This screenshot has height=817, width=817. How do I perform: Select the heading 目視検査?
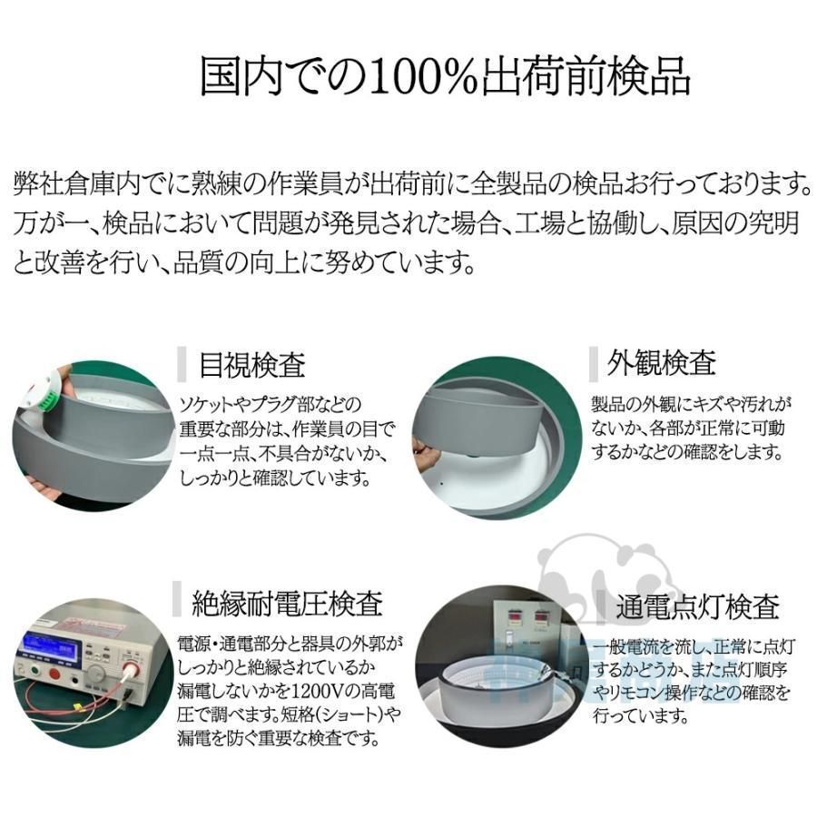[252, 365]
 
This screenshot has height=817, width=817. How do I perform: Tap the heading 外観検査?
[663, 363]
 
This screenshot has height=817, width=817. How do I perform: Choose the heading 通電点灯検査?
[697, 606]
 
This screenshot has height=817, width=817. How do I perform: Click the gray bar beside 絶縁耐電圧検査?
[177, 601]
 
